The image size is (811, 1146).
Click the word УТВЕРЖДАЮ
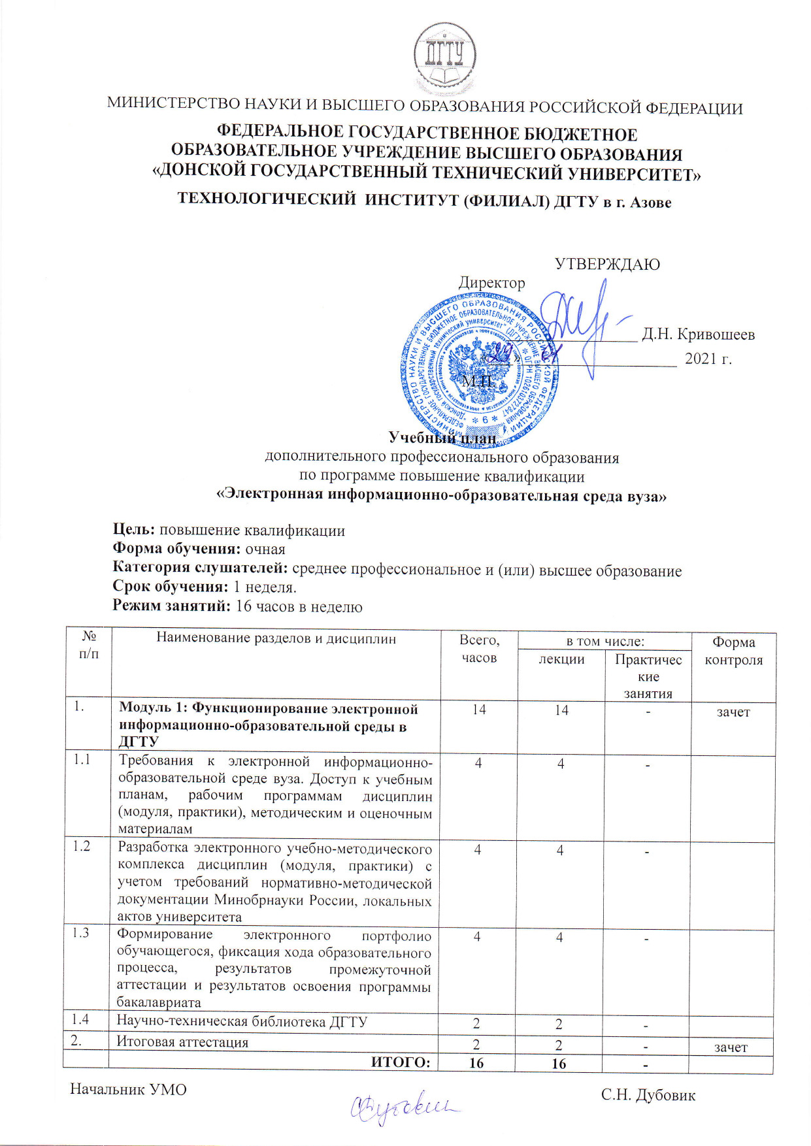point(607,265)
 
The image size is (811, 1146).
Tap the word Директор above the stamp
point(491,283)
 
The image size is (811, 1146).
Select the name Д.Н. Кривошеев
point(698,335)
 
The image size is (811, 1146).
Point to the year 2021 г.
point(708,359)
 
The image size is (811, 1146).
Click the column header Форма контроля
point(733,651)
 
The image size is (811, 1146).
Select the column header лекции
point(561,659)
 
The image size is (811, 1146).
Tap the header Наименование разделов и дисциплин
point(276,638)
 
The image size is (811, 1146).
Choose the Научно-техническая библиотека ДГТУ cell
point(242,1021)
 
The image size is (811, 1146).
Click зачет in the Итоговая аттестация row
point(731,1047)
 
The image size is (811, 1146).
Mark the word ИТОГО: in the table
point(401,1062)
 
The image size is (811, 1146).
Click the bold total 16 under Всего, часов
point(476,1063)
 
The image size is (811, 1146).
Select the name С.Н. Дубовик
point(648,1095)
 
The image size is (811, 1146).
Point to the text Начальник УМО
point(128,1090)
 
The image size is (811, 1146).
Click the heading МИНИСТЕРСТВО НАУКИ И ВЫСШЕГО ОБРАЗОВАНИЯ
point(425,106)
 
